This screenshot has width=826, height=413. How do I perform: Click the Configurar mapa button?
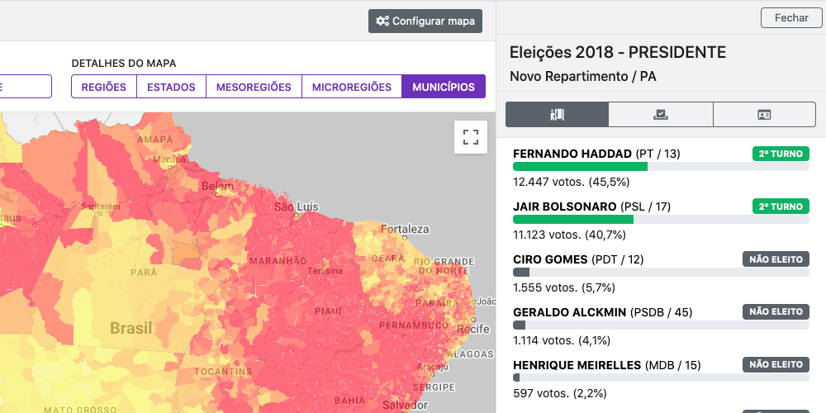425,21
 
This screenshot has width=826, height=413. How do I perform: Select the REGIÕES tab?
103,87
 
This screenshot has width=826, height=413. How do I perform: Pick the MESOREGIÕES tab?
254,87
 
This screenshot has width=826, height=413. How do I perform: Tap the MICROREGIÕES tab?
351,87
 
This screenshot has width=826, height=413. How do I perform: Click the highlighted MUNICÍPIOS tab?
444,87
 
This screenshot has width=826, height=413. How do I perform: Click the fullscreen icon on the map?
471,137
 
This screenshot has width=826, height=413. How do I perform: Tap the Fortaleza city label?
405,229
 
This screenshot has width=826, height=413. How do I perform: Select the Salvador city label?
405,406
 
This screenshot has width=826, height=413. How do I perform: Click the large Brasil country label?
131,328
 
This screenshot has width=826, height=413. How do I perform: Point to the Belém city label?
218,187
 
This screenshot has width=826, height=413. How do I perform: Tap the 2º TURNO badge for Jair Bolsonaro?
780,206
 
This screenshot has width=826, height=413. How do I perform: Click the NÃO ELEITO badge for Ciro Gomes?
776,259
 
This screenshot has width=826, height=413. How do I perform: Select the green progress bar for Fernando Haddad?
580,167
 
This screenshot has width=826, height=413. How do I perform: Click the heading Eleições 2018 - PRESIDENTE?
618,53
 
